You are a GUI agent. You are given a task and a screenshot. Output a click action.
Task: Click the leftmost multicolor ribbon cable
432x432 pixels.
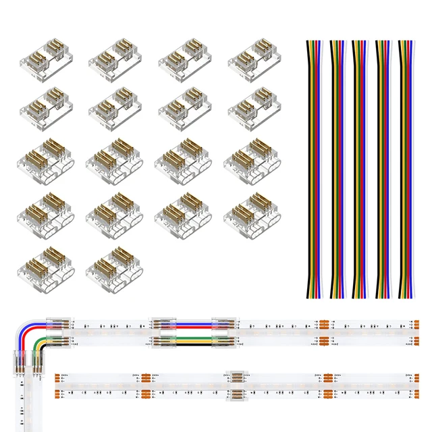tap(315, 169)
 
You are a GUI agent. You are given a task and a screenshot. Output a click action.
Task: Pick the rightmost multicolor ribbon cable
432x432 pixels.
tap(407, 169)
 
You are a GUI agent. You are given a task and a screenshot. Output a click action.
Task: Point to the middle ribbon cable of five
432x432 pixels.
tap(361, 169)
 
